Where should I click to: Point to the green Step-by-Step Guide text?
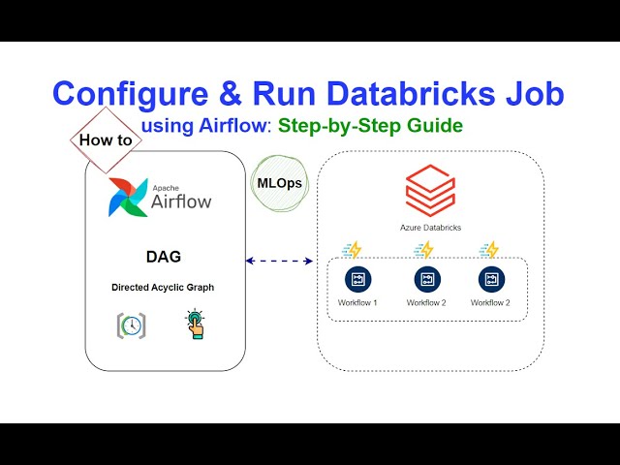[370, 126]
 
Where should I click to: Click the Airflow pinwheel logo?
[128, 196]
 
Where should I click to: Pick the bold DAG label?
[163, 258]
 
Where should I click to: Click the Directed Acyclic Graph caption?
[163, 288]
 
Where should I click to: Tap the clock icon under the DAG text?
[132, 325]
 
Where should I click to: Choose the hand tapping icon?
[196, 325]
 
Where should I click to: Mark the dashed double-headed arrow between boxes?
[280, 261]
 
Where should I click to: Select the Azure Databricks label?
[430, 228]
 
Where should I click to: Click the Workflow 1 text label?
[357, 303]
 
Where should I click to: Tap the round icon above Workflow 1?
[357, 279]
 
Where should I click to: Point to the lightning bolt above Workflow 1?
[354, 250]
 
